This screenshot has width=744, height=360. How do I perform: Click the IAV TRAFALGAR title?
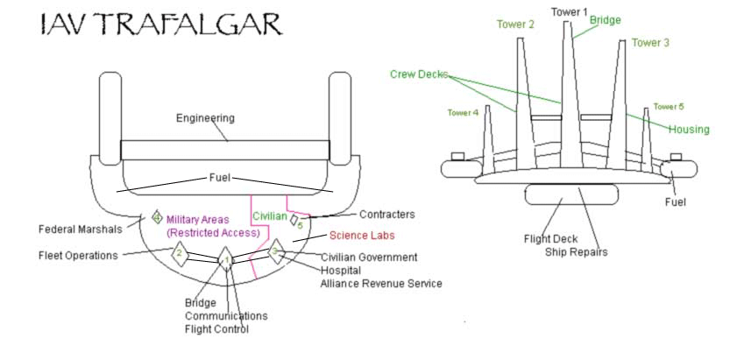(160, 25)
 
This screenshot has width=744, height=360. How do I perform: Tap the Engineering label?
(205, 118)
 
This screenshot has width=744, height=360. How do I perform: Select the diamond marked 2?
(180, 251)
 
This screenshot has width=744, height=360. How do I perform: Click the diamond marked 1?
(226, 259)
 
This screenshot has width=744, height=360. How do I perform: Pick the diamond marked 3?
(275, 251)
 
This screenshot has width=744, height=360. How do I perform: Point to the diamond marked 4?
(157, 217)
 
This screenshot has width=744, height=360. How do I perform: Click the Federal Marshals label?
(81, 229)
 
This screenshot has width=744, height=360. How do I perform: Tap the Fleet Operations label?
(78, 256)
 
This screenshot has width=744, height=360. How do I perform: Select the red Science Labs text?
(362, 236)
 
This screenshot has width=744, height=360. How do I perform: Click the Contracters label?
(387, 215)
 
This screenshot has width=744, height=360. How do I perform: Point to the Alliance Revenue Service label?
(381, 284)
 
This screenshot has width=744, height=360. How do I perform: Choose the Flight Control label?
(216, 328)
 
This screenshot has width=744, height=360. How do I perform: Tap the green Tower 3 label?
(650, 43)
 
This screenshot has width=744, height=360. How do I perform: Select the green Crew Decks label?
(419, 74)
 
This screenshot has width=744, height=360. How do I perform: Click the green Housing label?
(689, 129)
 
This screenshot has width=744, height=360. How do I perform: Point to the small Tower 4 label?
(463, 112)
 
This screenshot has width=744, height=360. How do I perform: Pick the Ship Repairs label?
(576, 252)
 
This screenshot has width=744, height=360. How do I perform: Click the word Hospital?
(341, 271)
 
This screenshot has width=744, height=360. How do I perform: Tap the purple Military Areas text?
(198, 220)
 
